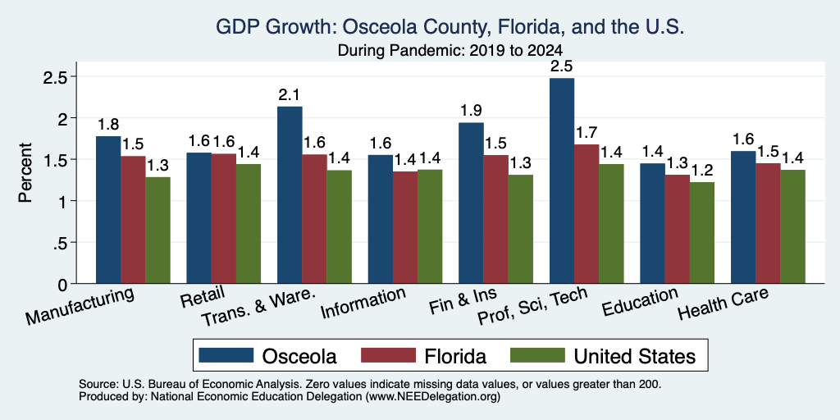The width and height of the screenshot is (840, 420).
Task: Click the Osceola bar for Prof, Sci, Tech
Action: point(561,180)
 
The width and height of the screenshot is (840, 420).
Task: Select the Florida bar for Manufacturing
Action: point(133,220)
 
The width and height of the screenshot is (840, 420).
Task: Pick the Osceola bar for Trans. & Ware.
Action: point(290,195)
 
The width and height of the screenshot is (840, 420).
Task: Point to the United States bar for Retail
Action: point(248,223)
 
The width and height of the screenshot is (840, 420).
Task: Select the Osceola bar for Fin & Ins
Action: point(471,203)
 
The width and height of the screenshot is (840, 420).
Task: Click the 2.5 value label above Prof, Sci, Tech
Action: point(562,67)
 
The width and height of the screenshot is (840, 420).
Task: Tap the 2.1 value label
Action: point(290,95)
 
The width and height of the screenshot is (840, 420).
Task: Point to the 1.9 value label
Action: point(472,111)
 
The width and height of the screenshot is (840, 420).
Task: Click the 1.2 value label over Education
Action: point(702,171)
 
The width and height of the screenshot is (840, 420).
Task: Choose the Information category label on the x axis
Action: point(363,304)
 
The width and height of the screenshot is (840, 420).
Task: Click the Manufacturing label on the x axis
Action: point(80,307)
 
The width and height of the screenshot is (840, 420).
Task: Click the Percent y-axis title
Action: point(25,172)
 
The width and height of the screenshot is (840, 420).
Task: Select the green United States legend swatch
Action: point(536,355)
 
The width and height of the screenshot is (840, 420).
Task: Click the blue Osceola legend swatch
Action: point(226,355)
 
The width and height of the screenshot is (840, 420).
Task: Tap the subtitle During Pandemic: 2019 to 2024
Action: point(450,51)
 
